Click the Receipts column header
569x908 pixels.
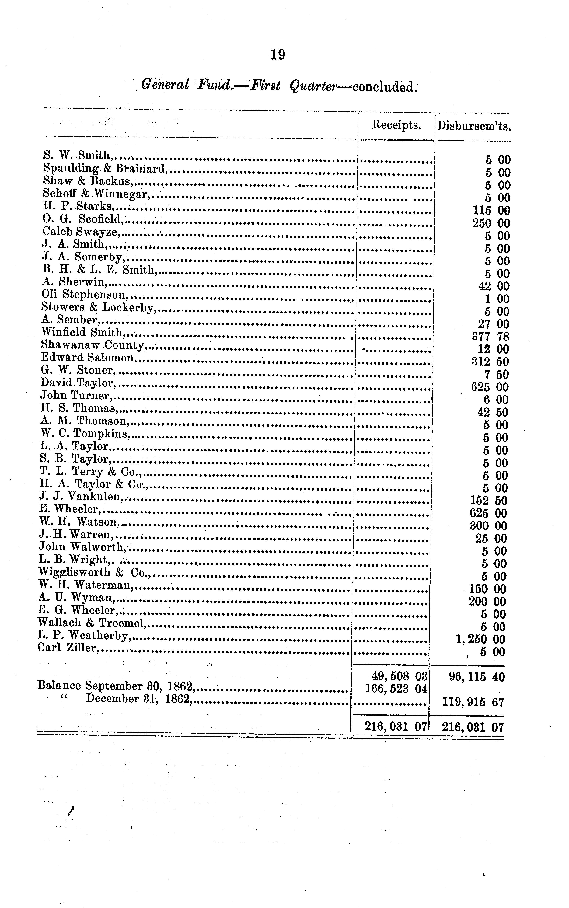[x=396, y=125]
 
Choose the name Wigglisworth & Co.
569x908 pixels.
[x=94, y=572]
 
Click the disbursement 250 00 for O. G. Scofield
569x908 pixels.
[x=491, y=224]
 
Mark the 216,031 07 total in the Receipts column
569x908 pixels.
[x=395, y=727]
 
